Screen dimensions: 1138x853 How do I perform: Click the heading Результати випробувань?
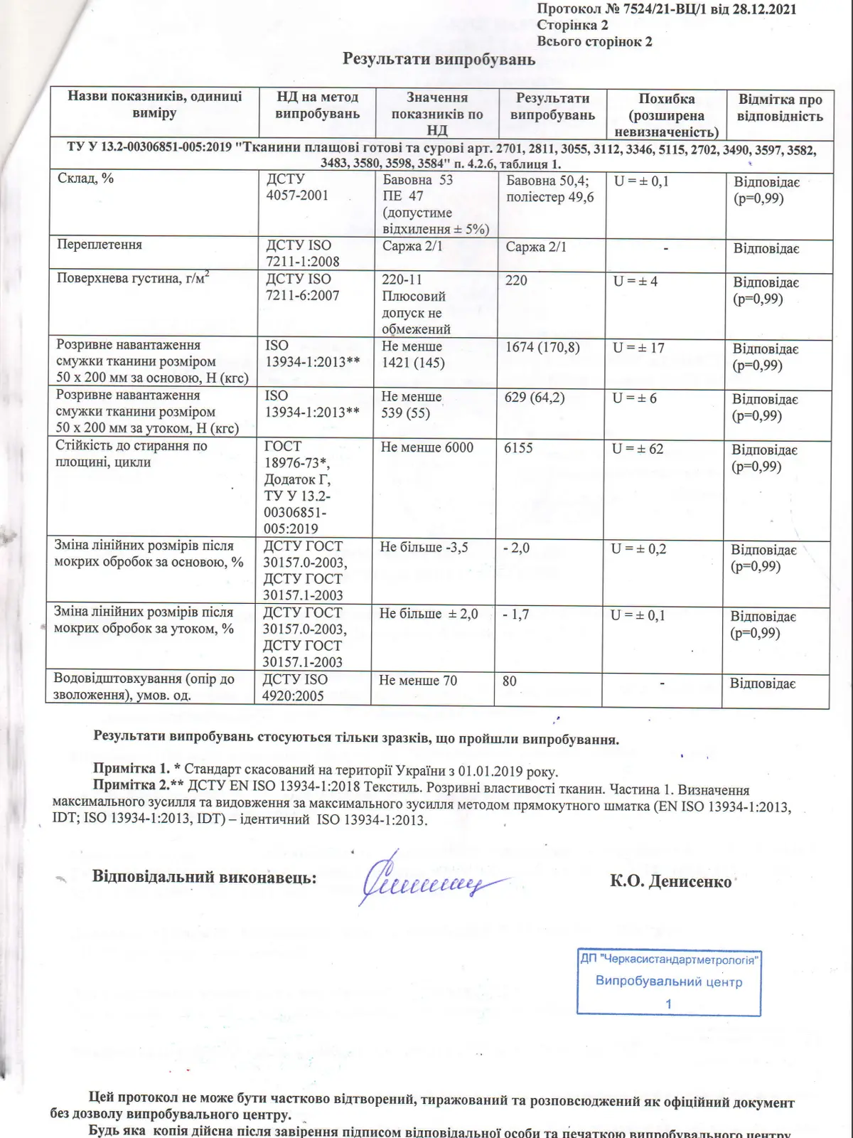439,59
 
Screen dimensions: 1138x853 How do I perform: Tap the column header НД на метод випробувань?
317,105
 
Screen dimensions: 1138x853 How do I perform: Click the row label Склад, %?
85,179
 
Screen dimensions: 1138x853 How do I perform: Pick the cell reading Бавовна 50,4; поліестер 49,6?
549,189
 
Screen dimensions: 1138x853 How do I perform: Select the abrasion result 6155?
518,448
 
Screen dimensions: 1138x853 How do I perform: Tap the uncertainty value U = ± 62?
638,449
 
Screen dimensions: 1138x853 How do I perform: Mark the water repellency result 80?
510,681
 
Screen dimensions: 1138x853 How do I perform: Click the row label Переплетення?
100,245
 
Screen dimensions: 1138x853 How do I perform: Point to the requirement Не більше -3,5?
424,548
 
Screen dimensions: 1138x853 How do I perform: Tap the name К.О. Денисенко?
670,882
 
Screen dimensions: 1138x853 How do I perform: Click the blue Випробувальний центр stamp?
668,982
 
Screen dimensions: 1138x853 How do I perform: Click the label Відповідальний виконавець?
205,877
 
